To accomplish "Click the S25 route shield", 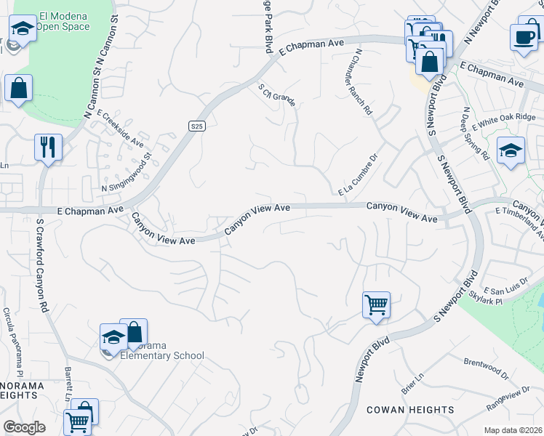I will click(196, 126).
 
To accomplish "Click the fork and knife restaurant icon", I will click(48, 147).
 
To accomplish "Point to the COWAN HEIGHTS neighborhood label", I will click(410, 410).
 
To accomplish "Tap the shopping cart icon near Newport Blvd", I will click(376, 304).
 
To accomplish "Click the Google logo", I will click(24, 427).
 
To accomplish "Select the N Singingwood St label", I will click(126, 172).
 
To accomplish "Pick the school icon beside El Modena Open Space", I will click(23, 30).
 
